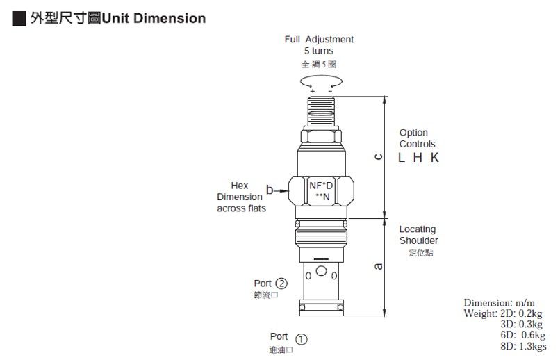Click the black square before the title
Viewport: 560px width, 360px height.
tap(19, 19)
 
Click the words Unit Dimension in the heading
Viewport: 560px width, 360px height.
tap(154, 18)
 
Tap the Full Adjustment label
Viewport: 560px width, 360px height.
tap(319, 40)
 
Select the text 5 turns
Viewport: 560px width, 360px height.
tap(319, 51)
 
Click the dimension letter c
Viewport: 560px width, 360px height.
tap(379, 157)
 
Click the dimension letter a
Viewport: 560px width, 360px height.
tap(379, 266)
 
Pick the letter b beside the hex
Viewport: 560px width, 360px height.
tap(270, 190)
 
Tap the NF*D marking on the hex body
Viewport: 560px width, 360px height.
tap(321, 186)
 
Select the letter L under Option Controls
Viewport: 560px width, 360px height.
tap(402, 158)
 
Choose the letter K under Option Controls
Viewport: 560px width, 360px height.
tap(434, 158)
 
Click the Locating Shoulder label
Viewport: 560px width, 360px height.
tap(418, 235)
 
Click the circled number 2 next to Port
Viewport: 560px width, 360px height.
tap(281, 284)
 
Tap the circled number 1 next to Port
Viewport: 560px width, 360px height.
tap(301, 339)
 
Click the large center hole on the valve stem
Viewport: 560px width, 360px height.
tap(321, 271)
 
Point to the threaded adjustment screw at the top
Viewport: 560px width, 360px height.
tap(321, 111)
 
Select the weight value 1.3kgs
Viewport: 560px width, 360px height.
tap(532, 346)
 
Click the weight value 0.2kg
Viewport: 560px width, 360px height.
tap(530, 313)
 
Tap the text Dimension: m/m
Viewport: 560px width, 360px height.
tap(500, 303)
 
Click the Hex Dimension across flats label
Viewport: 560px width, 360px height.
tap(241, 197)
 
